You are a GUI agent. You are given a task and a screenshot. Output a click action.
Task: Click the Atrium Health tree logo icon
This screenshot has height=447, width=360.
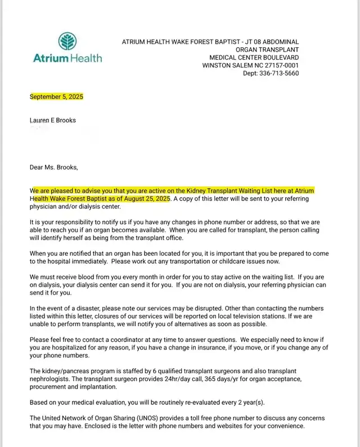67,42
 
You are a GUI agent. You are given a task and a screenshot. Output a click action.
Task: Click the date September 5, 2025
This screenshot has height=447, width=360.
56,97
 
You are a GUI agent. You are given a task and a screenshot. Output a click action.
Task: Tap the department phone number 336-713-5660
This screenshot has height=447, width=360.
278,74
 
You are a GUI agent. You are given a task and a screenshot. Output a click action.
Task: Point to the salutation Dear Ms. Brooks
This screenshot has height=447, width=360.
54,167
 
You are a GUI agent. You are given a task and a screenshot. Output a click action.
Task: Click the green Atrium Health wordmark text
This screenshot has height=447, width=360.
67,58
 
